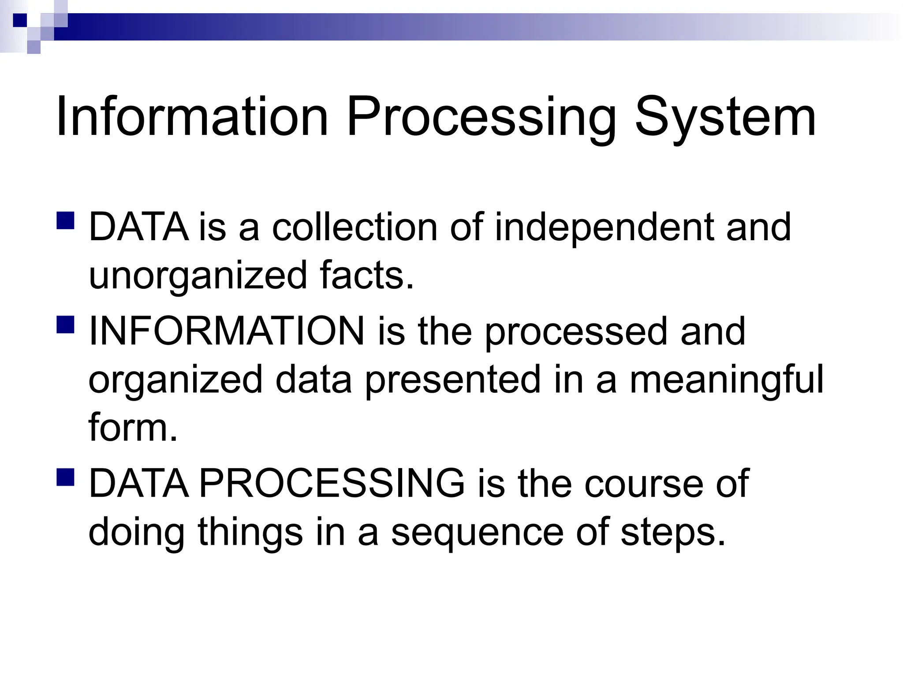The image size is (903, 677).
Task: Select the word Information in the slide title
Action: [x=192, y=117]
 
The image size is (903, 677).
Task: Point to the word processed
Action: [x=576, y=333]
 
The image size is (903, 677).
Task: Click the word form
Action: [x=132, y=427]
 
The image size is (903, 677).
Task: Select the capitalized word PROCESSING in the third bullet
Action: [x=332, y=484]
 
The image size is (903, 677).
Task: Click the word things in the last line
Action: [x=250, y=532]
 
